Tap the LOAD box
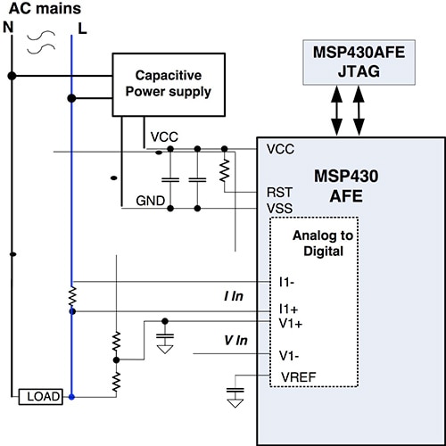[42, 395]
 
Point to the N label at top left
[10, 29]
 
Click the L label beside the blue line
[83, 29]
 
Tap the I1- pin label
[285, 283]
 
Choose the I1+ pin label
[286, 308]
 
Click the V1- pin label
[286, 353]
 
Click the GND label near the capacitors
[150, 202]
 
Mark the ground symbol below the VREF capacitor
[235, 402]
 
